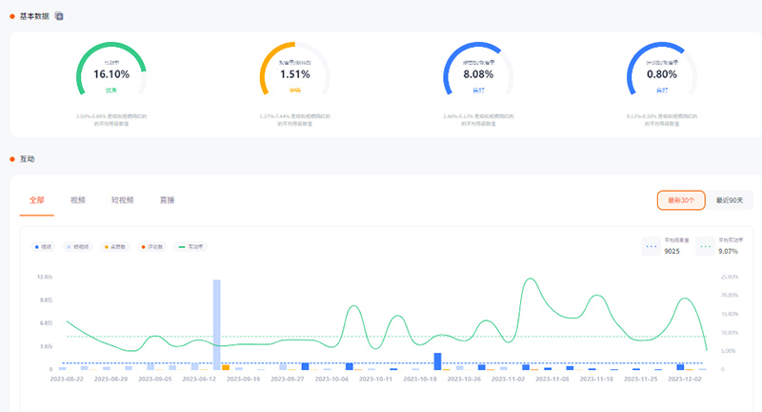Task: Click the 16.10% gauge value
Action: pyautogui.click(x=111, y=73)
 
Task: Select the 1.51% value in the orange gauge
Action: pyautogui.click(x=295, y=73)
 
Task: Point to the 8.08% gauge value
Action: pyautogui.click(x=479, y=73)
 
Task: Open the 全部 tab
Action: pyautogui.click(x=37, y=200)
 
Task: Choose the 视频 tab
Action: pyautogui.click(x=78, y=200)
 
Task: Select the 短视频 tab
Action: pyautogui.click(x=122, y=200)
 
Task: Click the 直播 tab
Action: pyautogui.click(x=167, y=200)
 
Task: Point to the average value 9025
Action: pyautogui.click(x=672, y=252)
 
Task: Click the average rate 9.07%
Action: pyautogui.click(x=729, y=252)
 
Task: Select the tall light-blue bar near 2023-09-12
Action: pyautogui.click(x=216, y=324)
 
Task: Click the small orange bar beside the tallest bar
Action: pyautogui.click(x=226, y=367)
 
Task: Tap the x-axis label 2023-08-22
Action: pyautogui.click(x=68, y=380)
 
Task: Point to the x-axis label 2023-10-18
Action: pyautogui.click(x=421, y=380)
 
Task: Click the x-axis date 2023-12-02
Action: pyautogui.click(x=685, y=380)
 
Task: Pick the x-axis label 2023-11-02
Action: pyautogui.click(x=509, y=380)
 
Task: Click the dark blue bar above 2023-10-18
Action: pyautogui.click(x=437, y=361)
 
